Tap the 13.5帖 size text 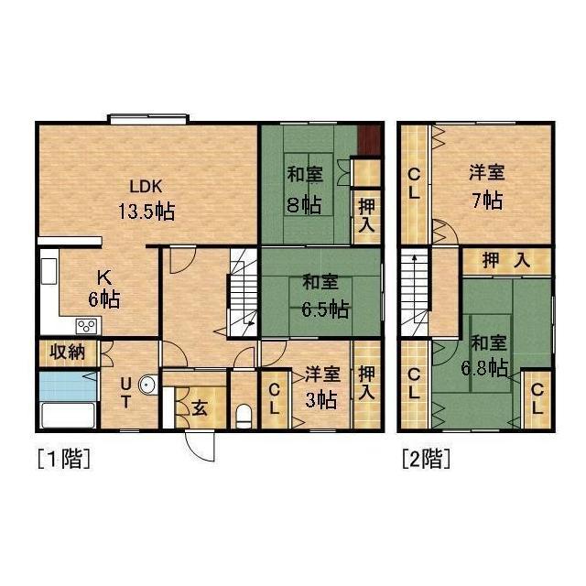[146, 211]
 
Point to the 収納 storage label [66, 353]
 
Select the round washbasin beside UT [152, 385]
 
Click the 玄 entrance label [199, 407]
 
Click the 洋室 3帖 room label [321, 386]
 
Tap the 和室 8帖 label [304, 188]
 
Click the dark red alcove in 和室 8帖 [369, 139]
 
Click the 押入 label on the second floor [506, 261]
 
